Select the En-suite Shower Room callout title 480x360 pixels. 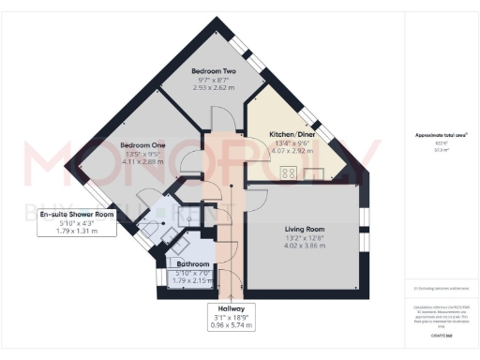pos(77,215)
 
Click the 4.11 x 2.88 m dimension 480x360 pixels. pos(142,163)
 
